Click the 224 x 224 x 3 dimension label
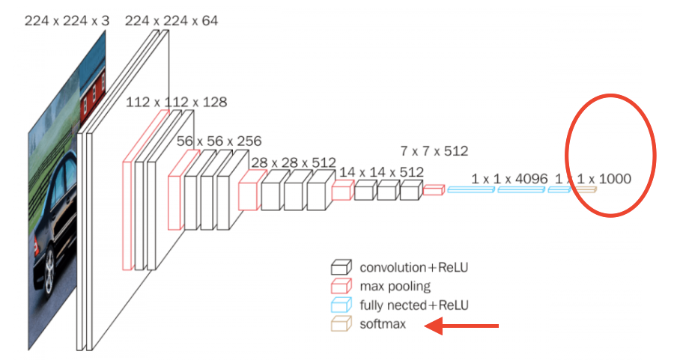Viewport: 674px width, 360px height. coord(67,21)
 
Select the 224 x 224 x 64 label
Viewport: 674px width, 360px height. coord(171,21)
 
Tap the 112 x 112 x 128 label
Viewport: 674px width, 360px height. coord(176,102)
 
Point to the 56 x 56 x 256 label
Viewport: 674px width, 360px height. coord(219,140)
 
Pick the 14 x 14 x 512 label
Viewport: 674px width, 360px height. coord(380,171)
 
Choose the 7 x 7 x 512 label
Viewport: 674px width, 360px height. coord(434,150)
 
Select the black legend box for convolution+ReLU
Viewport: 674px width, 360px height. coord(341,267)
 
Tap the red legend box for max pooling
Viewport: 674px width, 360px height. coord(341,286)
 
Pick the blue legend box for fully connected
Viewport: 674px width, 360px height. coord(341,305)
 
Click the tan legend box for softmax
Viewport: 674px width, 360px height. coord(341,324)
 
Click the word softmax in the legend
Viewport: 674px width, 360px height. coord(383,325)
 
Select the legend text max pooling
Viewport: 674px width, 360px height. coord(395,286)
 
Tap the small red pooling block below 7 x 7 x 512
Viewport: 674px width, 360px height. coord(433,190)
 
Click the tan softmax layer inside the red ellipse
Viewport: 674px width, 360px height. coord(586,190)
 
